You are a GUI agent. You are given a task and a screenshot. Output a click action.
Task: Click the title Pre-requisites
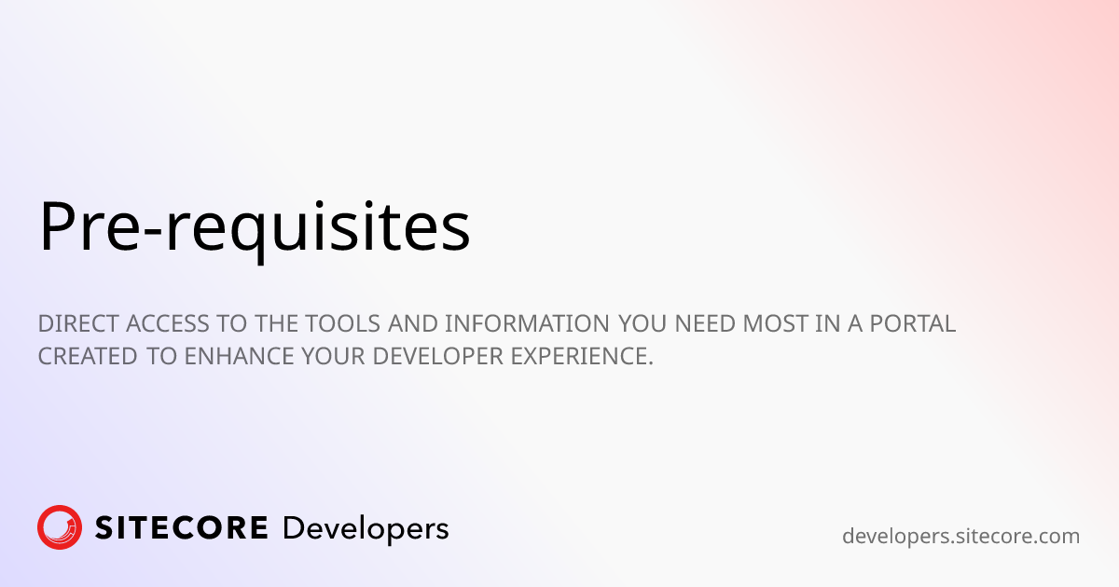255,228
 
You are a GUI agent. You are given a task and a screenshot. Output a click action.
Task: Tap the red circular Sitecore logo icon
60,527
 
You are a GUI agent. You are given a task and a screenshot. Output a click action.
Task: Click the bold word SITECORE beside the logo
181,528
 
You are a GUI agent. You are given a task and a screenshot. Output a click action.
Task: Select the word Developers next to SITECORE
366,529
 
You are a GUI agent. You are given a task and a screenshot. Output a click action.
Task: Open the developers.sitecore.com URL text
960,537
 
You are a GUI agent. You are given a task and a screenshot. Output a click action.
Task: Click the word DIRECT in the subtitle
78,323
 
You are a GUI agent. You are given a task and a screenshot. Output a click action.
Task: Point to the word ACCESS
167,323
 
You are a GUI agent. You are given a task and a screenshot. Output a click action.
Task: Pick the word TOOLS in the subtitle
343,323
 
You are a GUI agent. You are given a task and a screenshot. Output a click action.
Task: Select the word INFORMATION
527,323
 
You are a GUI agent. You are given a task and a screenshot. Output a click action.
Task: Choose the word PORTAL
913,323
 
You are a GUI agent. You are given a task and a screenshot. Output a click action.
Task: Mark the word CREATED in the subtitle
88,356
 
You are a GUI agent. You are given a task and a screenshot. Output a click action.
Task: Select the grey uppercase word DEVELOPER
437,356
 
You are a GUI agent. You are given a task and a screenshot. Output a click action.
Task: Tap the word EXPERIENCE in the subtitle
582,356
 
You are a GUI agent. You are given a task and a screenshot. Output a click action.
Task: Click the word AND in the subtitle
413,323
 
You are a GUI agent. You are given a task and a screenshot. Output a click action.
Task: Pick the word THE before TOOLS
277,323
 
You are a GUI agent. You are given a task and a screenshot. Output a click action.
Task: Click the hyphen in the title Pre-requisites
152,232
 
